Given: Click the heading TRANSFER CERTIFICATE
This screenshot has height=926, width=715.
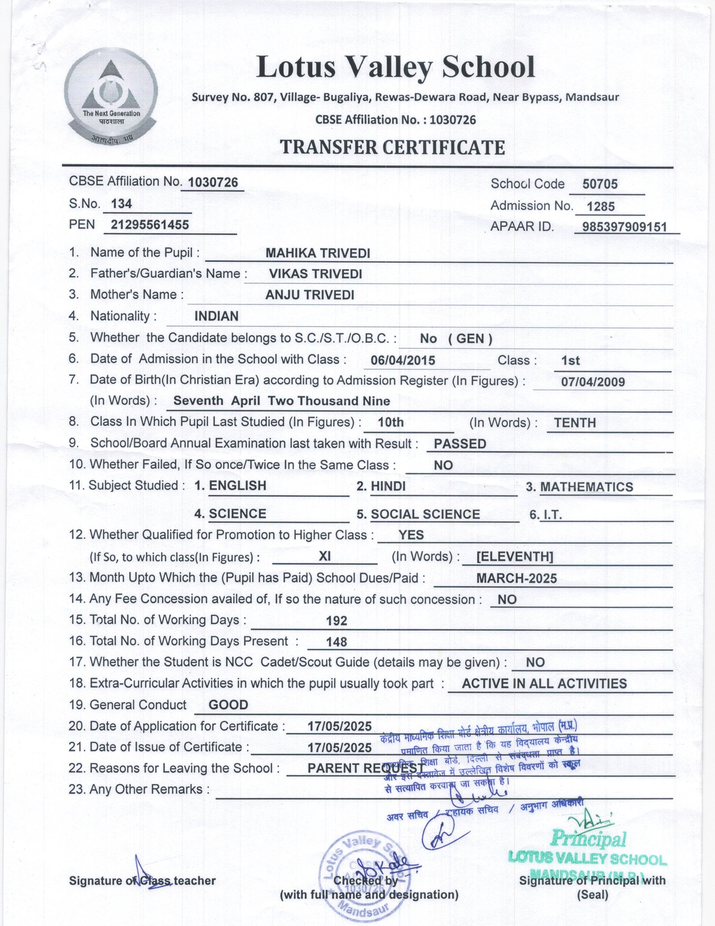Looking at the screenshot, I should tap(392, 147).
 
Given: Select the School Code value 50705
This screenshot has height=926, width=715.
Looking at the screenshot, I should tap(600, 184).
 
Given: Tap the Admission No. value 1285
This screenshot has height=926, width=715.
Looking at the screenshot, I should tap(601, 206).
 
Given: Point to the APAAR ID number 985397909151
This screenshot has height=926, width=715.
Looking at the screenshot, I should tap(624, 227).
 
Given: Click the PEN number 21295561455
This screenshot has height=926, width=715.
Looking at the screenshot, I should tap(150, 225).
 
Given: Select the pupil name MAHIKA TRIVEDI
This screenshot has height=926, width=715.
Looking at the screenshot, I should tap(318, 253).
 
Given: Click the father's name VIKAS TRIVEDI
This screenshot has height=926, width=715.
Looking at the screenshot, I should tap(315, 274).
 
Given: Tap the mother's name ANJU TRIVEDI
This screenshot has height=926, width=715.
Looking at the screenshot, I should tap(310, 295).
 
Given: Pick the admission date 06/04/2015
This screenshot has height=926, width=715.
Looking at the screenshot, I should tap(403, 360).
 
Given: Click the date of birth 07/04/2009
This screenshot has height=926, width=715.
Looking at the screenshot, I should tap(593, 382).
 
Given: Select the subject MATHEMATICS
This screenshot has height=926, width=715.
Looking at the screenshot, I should tap(586, 487).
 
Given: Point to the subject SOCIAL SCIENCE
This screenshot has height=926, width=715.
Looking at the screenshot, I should tap(425, 514).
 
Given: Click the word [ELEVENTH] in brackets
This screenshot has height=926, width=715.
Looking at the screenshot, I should tap(515, 557).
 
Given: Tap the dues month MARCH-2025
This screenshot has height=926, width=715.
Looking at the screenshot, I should tap(516, 579).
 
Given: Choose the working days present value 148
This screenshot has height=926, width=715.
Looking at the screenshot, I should tap(336, 642).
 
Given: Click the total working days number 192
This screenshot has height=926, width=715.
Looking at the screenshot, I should tap(337, 621).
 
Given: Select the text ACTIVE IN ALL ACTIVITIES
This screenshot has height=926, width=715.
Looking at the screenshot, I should tap(544, 683).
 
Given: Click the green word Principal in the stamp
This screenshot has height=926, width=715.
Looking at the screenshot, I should tap(589, 839).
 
